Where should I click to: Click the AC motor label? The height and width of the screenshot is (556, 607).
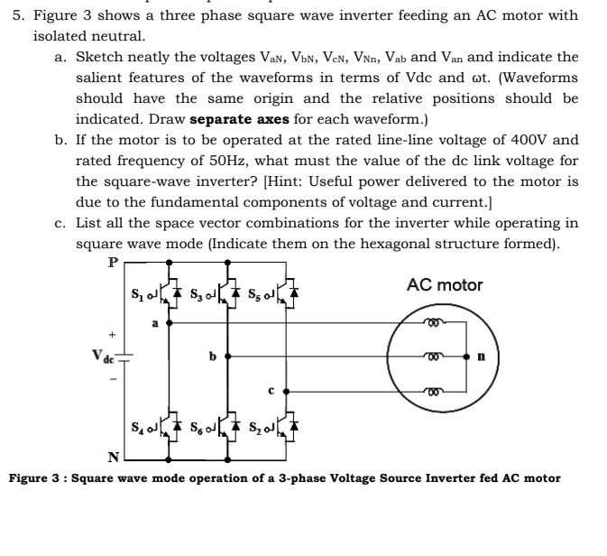(x=445, y=285)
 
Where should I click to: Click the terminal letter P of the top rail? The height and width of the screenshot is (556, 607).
(x=113, y=263)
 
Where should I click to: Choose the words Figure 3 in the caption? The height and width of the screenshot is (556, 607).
(x=38, y=477)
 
